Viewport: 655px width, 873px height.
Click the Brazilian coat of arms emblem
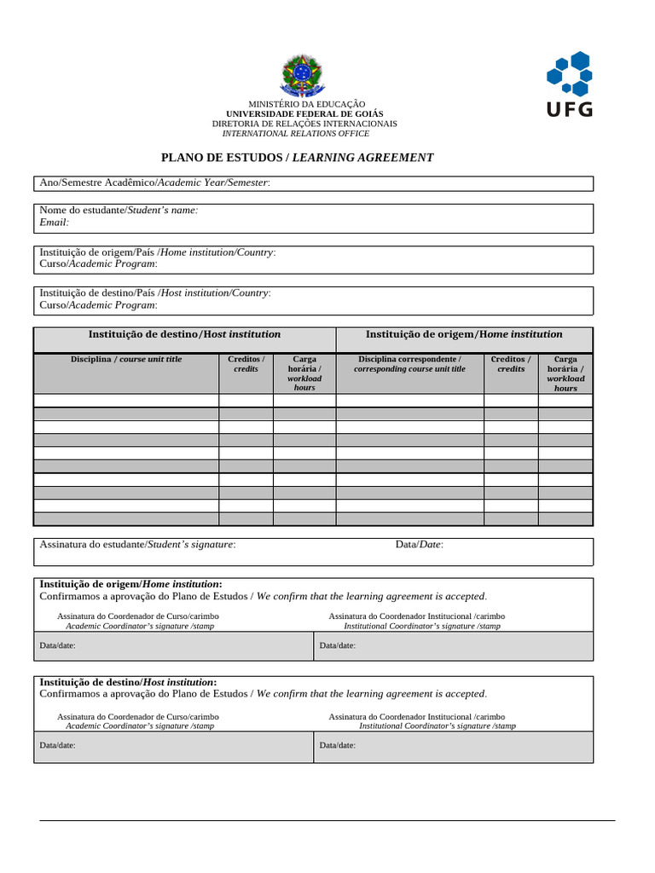coord(302,75)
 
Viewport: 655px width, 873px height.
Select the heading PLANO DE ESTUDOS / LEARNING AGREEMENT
coord(298,158)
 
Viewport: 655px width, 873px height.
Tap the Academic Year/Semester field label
coord(155,183)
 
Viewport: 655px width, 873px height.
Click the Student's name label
coord(119,210)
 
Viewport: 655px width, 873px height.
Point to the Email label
coord(54,222)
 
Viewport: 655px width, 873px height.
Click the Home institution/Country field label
coord(158,252)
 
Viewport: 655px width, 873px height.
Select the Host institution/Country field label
coord(155,292)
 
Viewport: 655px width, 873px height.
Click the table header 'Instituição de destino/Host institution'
coord(184,334)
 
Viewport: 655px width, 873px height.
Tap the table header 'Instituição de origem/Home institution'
coord(464,334)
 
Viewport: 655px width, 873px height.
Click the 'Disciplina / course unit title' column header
coord(126,359)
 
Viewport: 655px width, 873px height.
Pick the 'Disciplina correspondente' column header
coord(409,364)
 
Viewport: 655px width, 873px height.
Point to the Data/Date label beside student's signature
coord(419,544)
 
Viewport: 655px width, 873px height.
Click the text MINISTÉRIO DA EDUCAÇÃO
coord(306,103)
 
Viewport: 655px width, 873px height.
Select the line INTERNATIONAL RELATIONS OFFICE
coord(296,134)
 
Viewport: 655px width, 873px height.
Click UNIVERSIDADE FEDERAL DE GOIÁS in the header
coord(304,113)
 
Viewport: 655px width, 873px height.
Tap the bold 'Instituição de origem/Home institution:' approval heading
coord(130,584)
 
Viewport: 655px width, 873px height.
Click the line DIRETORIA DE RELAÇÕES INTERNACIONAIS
coord(304,124)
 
